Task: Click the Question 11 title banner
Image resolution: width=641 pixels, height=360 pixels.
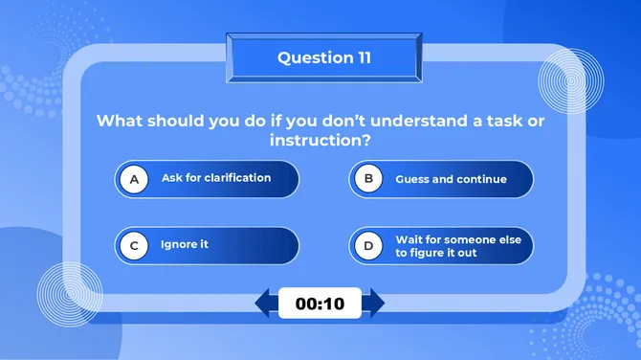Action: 323,57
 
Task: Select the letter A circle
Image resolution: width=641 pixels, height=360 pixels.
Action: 135,179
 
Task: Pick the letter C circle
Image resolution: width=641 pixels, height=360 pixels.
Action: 135,246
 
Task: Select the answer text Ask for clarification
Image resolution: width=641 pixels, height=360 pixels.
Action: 216,178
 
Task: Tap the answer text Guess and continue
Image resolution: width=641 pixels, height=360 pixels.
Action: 451,179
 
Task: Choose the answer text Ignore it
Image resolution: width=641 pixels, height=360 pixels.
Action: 185,245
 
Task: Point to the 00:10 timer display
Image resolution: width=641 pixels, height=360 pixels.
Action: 320,304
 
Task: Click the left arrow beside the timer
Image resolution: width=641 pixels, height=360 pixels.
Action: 265,304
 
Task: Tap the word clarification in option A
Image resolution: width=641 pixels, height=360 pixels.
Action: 237,178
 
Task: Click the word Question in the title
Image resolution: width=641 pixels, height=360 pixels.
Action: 309,57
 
